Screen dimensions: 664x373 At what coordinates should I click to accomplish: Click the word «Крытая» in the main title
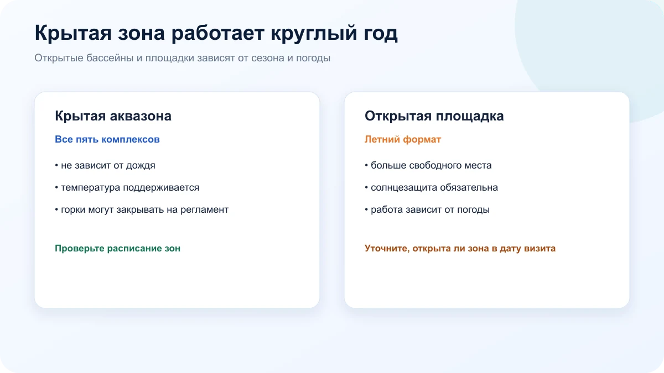[x=73, y=33]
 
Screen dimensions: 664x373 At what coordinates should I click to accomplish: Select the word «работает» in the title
[x=218, y=33]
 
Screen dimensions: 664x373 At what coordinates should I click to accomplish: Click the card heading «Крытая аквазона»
[x=113, y=115]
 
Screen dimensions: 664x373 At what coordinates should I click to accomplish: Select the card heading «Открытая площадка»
[x=434, y=115]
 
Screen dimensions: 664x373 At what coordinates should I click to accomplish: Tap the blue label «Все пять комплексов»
[x=107, y=139]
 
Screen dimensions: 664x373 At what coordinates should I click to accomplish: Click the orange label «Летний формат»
[x=403, y=139]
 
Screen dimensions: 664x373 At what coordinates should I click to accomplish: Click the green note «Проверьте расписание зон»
[x=117, y=248]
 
